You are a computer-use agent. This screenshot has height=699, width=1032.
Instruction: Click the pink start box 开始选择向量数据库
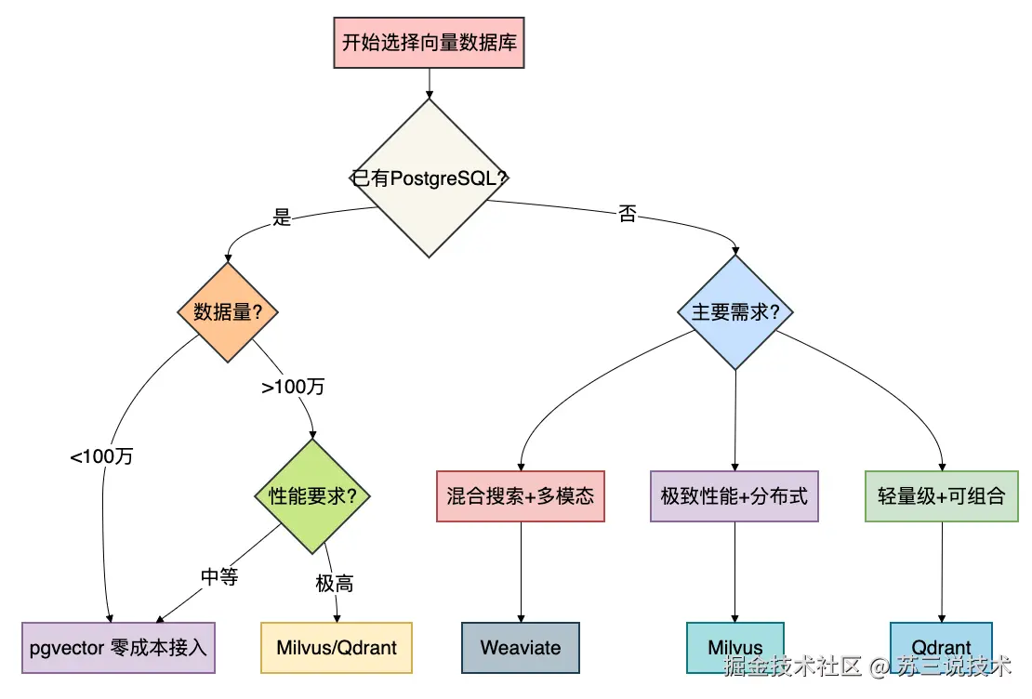point(429,43)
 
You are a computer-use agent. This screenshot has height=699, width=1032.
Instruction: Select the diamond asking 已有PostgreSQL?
point(429,178)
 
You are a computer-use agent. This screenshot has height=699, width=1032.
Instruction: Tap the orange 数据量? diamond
point(228,312)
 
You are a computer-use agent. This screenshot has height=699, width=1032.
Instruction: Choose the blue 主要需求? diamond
point(735,312)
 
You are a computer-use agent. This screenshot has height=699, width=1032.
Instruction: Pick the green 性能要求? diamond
point(312,495)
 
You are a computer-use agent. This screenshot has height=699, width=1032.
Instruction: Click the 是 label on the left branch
point(282,218)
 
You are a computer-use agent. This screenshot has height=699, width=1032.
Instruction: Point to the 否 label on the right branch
point(628,213)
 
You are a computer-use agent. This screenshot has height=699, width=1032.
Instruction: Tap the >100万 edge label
point(293,387)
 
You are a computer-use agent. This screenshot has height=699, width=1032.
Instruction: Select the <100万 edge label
point(101,456)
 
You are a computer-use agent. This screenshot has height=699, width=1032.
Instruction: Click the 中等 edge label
point(219,576)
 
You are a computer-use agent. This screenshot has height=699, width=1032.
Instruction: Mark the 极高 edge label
point(335,583)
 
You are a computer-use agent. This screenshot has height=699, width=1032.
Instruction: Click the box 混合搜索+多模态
point(521,496)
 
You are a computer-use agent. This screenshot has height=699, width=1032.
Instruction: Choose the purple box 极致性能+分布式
point(734,496)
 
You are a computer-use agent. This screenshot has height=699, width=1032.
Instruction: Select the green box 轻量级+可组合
point(942,496)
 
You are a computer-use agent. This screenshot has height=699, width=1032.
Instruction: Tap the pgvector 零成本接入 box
point(118,648)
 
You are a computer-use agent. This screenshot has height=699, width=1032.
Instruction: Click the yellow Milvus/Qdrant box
point(337,648)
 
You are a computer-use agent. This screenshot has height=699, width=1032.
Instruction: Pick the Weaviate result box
point(521,648)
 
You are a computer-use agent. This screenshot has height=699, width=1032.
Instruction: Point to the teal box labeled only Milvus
point(735,648)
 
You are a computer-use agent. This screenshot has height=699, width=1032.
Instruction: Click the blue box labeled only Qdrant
point(941,648)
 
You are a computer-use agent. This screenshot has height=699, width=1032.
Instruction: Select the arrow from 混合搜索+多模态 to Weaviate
point(521,572)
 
